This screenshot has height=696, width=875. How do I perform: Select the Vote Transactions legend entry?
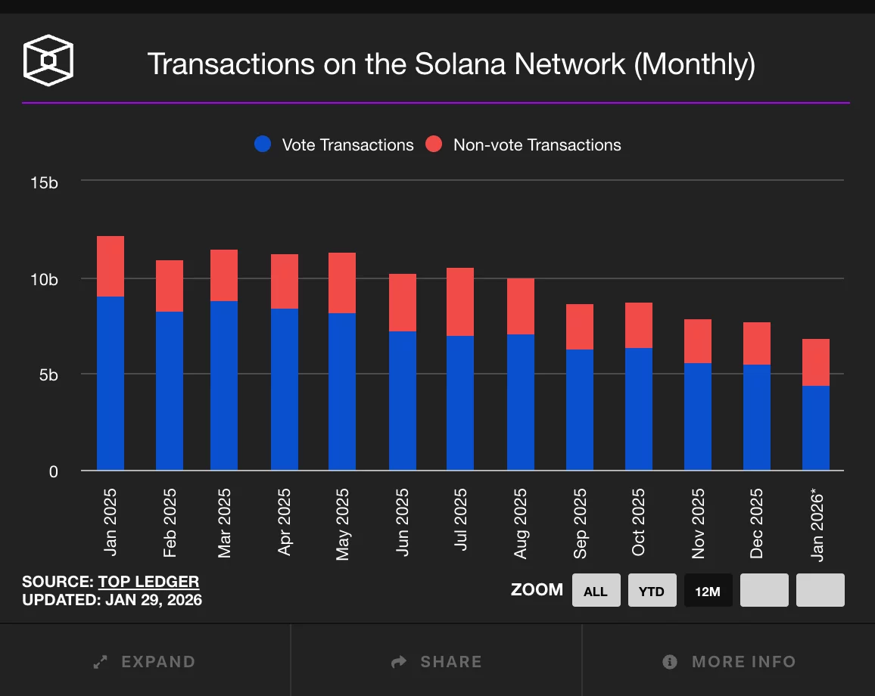[x=335, y=144]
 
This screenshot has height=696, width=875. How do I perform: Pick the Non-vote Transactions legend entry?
[x=523, y=144]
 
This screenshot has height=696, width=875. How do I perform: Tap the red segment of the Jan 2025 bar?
[x=111, y=266]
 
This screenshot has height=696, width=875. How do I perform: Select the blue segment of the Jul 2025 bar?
[x=460, y=402]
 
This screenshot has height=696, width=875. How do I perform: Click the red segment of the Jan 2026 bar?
[x=816, y=362]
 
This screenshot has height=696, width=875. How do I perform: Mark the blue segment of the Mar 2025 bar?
[x=224, y=386]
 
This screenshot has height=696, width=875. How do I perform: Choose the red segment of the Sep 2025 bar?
[x=580, y=327]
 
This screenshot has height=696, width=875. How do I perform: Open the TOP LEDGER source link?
[x=148, y=582]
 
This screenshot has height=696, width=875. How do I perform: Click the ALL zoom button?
[x=596, y=591]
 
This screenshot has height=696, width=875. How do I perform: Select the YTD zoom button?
[x=652, y=591]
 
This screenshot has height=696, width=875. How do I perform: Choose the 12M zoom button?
[x=708, y=591]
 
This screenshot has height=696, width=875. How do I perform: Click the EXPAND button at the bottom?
[x=145, y=662]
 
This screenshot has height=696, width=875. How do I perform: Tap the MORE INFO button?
[x=729, y=662]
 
